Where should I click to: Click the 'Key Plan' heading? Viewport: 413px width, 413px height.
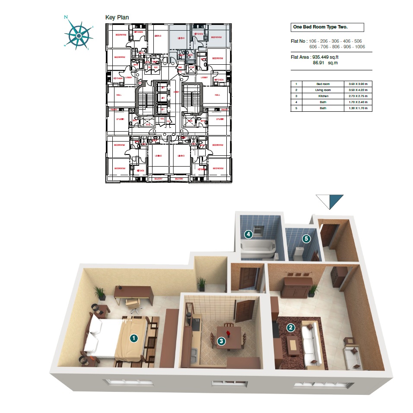click(x=117, y=17)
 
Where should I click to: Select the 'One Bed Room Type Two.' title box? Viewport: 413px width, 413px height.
click(x=327, y=28)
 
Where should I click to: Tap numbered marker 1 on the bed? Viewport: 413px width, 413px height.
click(x=134, y=338)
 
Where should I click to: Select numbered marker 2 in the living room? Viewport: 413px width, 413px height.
click(x=291, y=328)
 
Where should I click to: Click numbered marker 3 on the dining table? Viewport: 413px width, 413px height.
click(x=221, y=341)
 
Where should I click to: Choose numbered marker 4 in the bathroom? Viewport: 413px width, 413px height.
click(x=248, y=234)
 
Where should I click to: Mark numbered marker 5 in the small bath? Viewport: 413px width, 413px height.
click(x=306, y=238)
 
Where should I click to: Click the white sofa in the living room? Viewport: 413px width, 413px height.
click(x=311, y=344)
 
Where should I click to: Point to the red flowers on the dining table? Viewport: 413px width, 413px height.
click(x=226, y=330)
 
